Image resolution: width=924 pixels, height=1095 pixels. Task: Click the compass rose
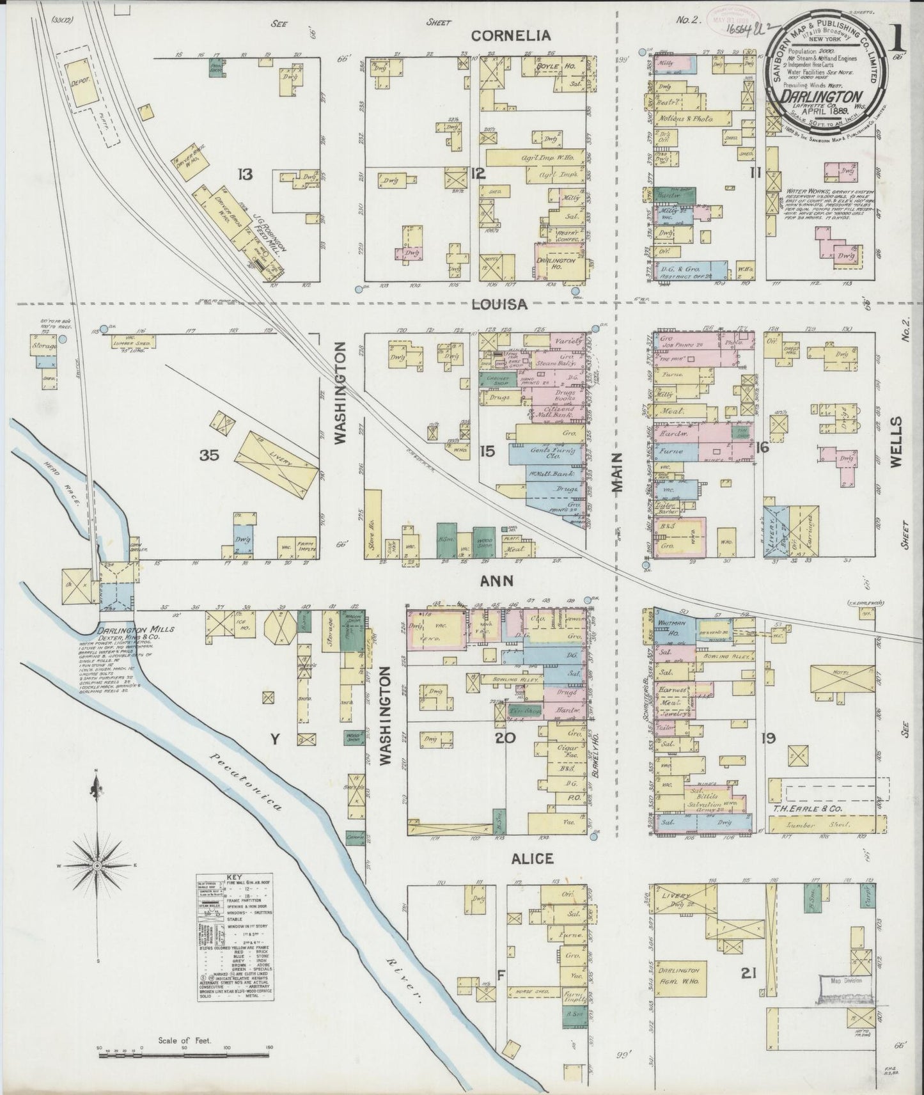click(x=98, y=865)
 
